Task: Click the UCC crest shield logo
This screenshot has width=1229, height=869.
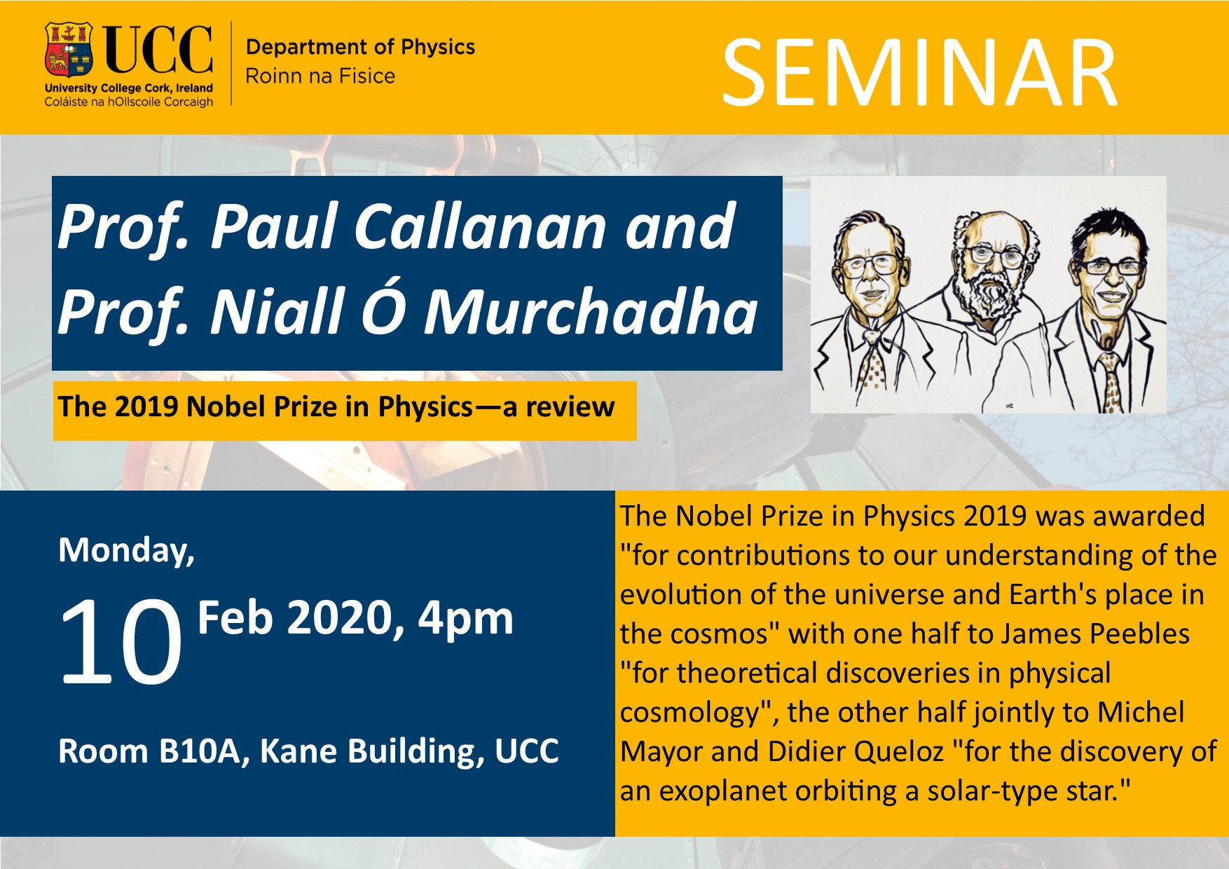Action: (x=69, y=50)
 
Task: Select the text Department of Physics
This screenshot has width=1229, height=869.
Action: (x=360, y=47)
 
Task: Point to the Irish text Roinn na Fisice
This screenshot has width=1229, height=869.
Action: (x=320, y=76)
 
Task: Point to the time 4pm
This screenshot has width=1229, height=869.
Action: (x=465, y=619)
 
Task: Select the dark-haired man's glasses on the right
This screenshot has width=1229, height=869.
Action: (x=1108, y=266)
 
